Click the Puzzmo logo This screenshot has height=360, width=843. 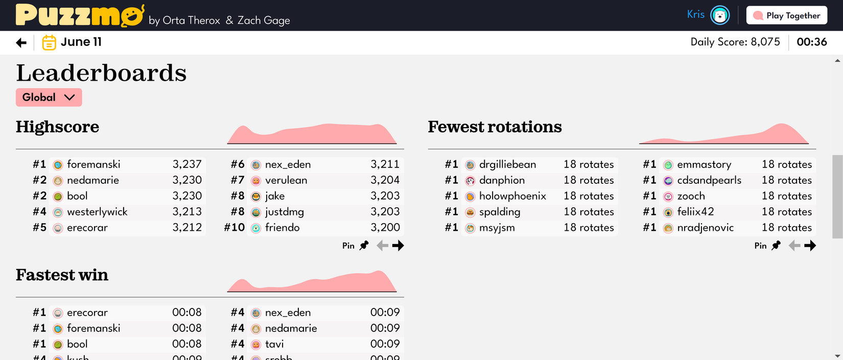pos(80,15)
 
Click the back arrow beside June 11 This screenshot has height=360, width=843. pos(21,43)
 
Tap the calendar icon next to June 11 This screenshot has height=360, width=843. pos(49,42)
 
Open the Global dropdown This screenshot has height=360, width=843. pos(49,98)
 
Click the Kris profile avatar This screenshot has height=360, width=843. pos(720,15)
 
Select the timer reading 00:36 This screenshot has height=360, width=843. pos(811,42)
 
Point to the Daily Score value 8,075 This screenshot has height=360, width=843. pos(765,42)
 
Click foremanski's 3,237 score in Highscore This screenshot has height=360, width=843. pos(187,164)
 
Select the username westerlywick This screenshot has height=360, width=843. pos(97,212)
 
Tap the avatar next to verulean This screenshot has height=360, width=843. pos(256,181)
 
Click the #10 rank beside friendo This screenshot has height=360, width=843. pos(235,228)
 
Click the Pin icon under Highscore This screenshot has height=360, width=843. pos(364,246)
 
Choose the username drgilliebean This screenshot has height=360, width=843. pos(507,164)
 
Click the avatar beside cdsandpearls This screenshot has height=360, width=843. pos(668,181)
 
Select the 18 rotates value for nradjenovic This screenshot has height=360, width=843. pos(786,228)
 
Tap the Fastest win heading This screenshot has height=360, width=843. pos(62,275)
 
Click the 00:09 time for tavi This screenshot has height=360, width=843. pos(385,344)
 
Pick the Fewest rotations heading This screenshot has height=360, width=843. pos(495,127)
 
